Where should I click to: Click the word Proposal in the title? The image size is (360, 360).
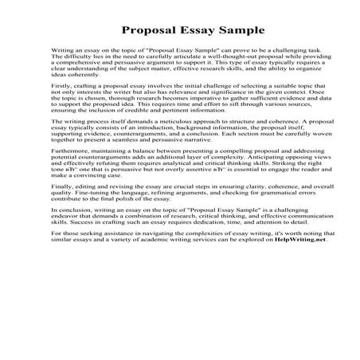click(151, 33)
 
